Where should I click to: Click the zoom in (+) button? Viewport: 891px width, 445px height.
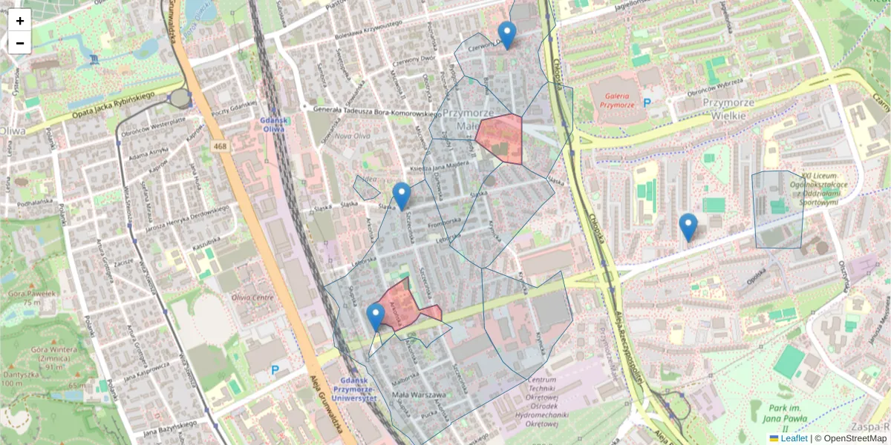pyautogui.click(x=20, y=20)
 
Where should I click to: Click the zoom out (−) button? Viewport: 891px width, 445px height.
pyautogui.click(x=20, y=43)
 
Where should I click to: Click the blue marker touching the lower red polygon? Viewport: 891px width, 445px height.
pyautogui.click(x=376, y=317)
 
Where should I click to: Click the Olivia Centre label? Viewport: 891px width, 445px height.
pyautogui.click(x=252, y=298)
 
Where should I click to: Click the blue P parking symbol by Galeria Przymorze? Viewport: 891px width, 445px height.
pyautogui.click(x=647, y=102)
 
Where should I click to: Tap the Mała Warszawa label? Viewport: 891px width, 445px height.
pyautogui.click(x=420, y=395)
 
